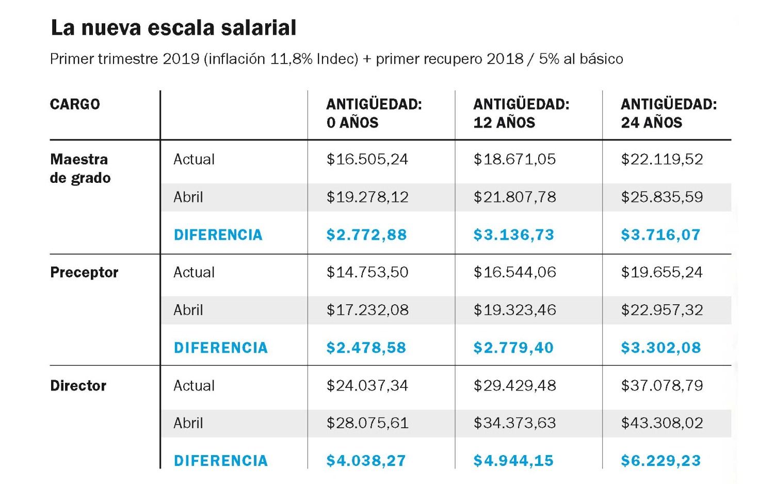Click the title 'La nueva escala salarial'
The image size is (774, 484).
[173, 28]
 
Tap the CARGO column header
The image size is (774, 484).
[75, 104]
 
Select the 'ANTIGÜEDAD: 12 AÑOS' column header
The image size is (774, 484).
[521, 114]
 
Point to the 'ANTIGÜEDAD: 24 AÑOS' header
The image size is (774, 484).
[669, 114]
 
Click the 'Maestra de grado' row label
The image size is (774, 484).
[80, 168]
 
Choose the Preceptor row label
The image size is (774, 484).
[84, 273]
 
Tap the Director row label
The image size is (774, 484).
[78, 386]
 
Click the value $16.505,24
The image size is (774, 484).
[367, 160]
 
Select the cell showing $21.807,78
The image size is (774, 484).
[514, 197]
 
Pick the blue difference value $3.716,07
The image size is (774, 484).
[660, 235]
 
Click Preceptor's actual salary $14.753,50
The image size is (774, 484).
[367, 273]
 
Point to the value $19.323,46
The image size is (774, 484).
[514, 310]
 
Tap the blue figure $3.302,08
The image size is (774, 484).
[660, 348]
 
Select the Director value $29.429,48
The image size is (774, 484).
[514, 386]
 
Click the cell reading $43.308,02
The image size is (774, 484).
[662, 424]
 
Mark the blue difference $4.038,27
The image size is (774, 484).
[366, 461]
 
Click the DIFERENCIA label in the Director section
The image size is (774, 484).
[220, 461]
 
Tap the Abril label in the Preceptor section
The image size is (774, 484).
[188, 310]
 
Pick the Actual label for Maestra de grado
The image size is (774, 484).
[194, 160]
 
